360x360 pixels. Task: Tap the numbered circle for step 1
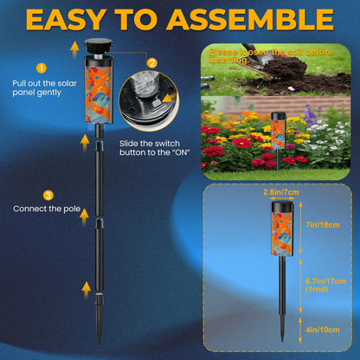click(40, 67)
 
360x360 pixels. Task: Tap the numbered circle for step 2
click(152, 62)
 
